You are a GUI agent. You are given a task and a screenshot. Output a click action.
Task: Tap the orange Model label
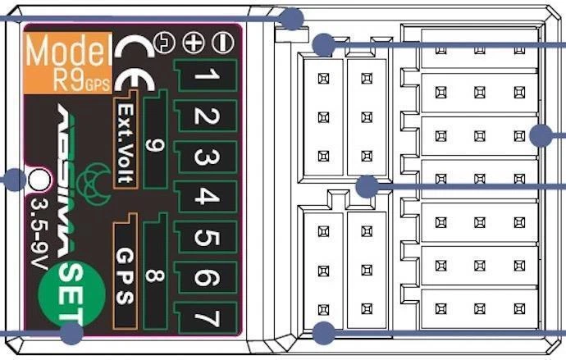point(67,51)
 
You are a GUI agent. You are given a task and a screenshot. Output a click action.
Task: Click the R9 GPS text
point(69,81)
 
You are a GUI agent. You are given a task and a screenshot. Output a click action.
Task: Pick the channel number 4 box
point(207,198)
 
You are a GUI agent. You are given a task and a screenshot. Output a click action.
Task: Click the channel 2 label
point(206,117)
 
